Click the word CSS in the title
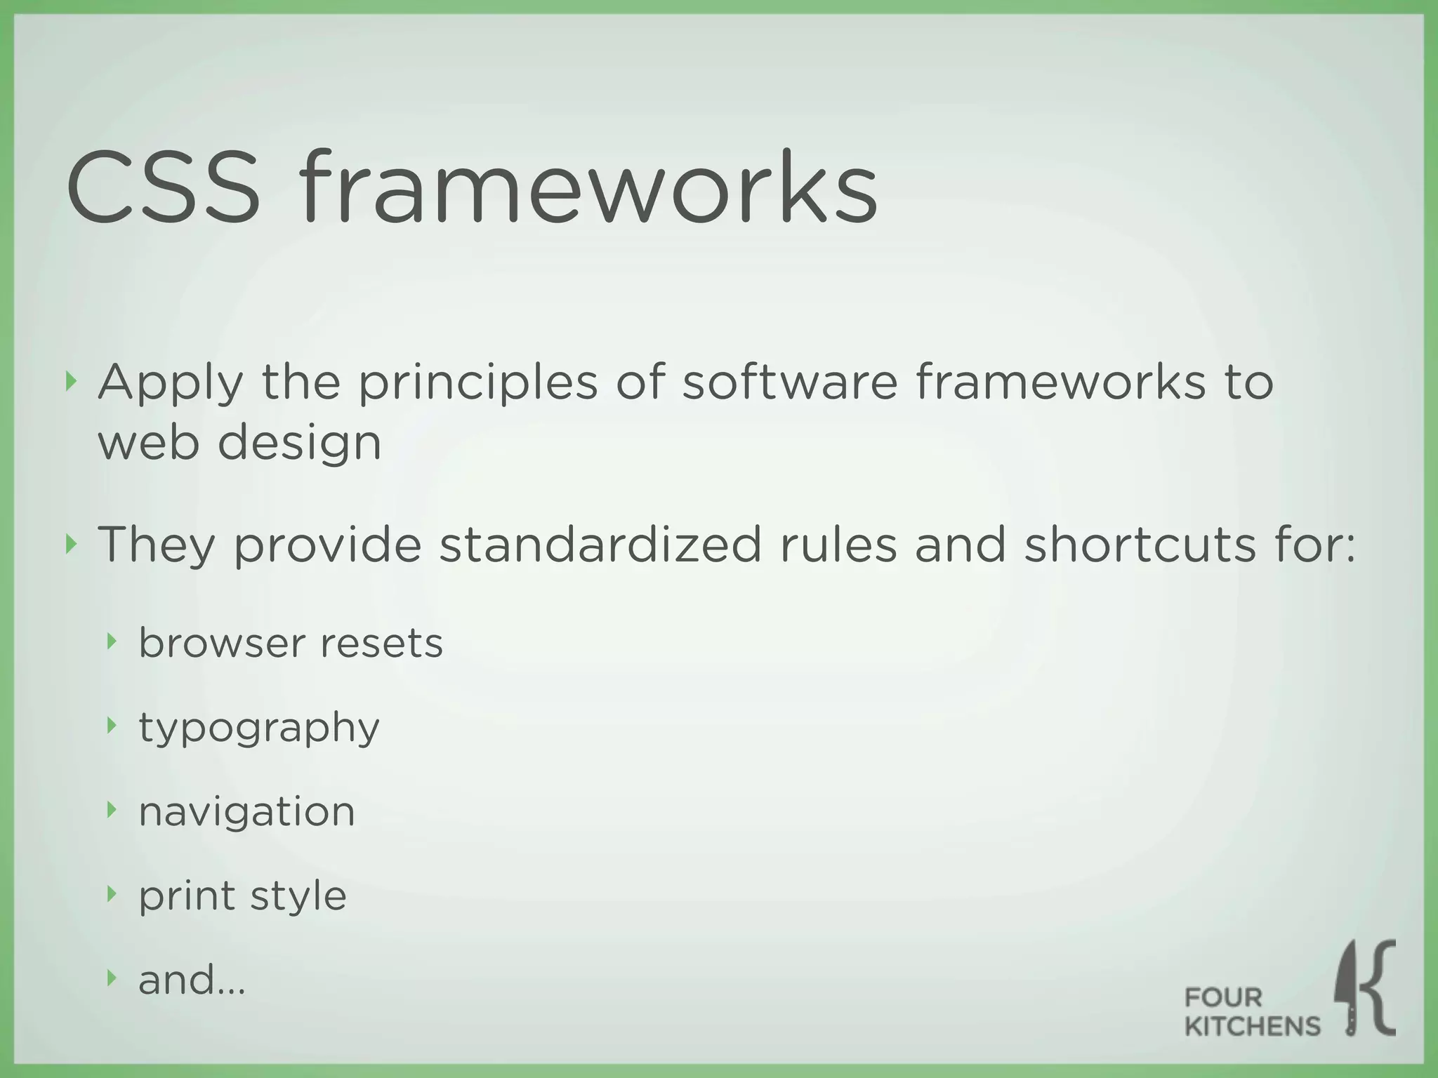163,187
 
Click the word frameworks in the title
588,187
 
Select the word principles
477,384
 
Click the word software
790,382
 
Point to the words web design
239,444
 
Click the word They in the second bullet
156,546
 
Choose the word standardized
600,545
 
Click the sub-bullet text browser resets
291,643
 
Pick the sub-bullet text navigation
246,812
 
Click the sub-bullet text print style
242,896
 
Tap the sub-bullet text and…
192,980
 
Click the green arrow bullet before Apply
70,382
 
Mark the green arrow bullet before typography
111,726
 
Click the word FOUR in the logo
1223,997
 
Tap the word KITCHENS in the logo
1253,1027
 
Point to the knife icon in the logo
1349,990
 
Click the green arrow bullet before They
70,543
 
